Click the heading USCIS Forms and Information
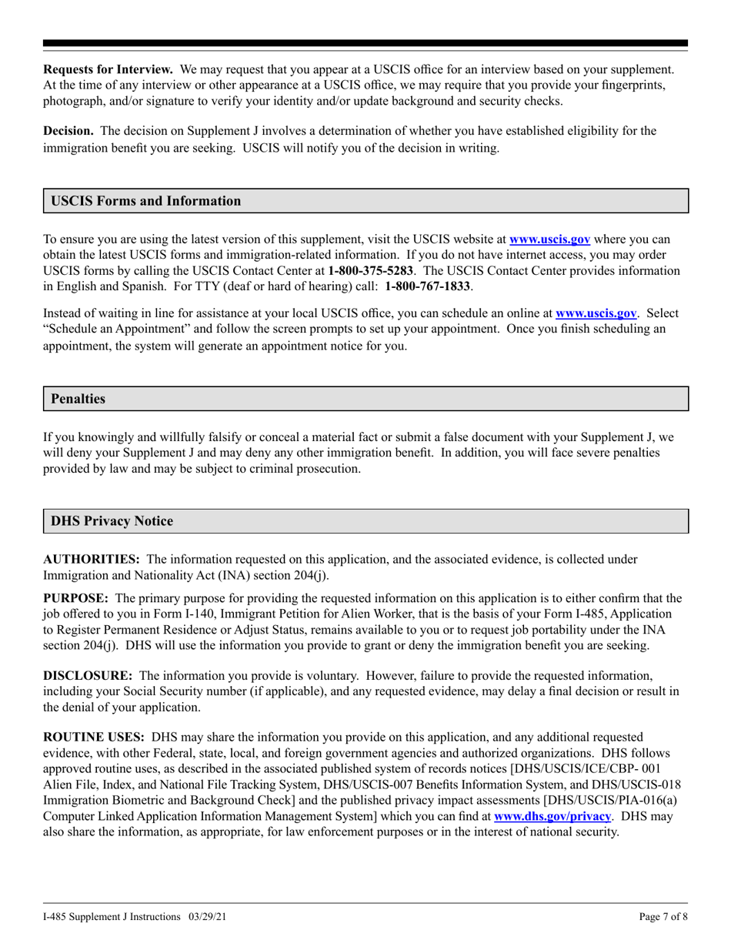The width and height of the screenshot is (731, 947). pos(145,201)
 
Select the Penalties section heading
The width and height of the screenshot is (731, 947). pos(78,399)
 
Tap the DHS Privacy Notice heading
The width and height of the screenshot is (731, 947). pos(112,521)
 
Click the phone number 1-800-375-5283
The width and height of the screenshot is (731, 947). pos(371,270)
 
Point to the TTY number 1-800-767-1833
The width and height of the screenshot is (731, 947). pos(428,286)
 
